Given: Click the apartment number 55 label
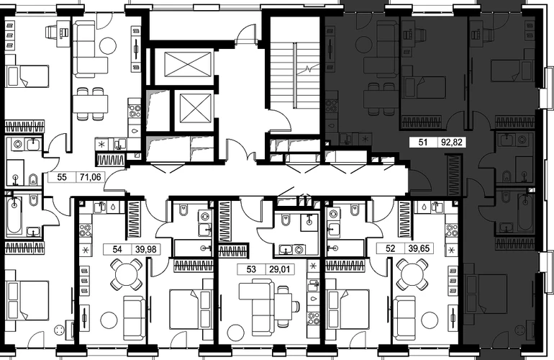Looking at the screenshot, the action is [x=62, y=177].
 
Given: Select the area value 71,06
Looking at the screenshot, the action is [x=90, y=177].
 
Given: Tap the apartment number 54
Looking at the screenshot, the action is [x=117, y=249].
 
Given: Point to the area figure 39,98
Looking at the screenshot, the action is [x=145, y=249].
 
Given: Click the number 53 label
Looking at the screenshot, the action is [x=251, y=269].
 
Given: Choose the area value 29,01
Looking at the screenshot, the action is [x=279, y=269].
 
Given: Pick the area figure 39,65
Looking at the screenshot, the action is [x=419, y=248].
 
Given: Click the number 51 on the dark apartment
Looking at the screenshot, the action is [x=423, y=143].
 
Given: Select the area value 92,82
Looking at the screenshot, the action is [x=452, y=143].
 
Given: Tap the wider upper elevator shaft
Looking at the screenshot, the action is [x=189, y=64].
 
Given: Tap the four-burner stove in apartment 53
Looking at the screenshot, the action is [x=313, y=318].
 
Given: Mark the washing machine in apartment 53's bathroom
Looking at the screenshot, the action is [x=299, y=250].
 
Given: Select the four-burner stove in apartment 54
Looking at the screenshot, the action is [x=85, y=230].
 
